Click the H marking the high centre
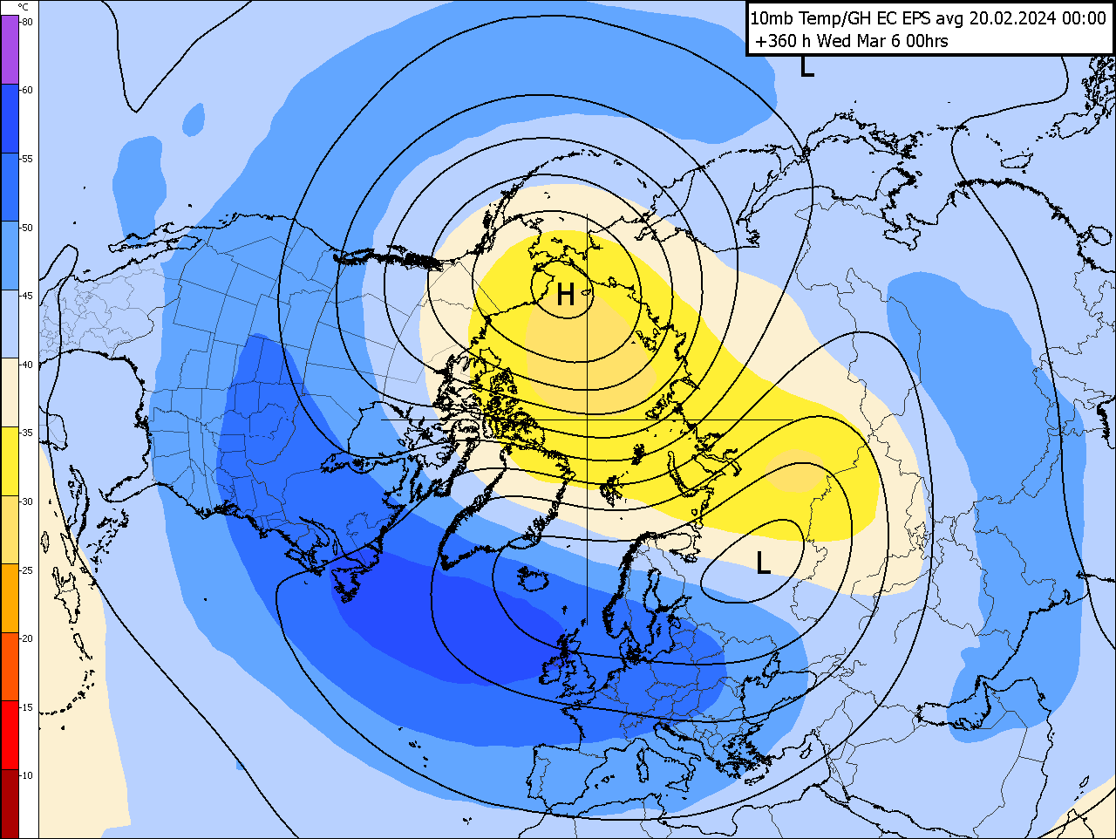pos(565,295)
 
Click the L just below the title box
pos(807,67)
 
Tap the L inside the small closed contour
pos(763,563)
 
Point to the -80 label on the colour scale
pos(27,22)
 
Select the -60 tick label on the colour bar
pos(27,90)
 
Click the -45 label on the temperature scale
pos(27,296)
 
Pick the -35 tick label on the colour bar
pos(27,433)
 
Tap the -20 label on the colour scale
pos(27,638)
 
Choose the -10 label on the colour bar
pos(27,775)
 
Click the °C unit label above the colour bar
pos(23,7)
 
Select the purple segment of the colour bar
pos(10,50)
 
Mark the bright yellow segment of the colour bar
pos(10,461)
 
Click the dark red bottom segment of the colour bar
pos(10,802)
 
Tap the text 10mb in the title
pos(772,18)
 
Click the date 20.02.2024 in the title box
pos(1015,18)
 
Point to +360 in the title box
pos(775,41)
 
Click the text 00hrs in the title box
pos(926,41)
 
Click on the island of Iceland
pos(532,578)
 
